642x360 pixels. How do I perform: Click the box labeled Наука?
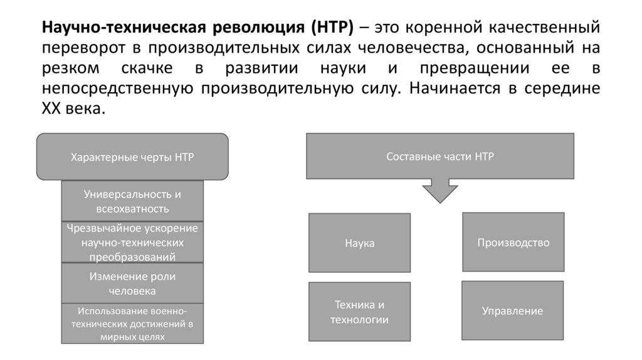tap(359, 243)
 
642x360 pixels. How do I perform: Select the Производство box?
tap(513, 242)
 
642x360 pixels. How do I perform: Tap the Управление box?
tap(512, 310)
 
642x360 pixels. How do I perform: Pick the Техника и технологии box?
tap(359, 312)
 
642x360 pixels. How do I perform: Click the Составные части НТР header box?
tap(439, 156)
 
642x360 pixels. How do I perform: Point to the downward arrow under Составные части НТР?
tap(439, 190)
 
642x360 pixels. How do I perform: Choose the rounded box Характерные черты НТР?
tap(132, 157)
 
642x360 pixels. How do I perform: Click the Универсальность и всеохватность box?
tap(132, 201)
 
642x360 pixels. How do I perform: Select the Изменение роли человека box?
tap(132, 283)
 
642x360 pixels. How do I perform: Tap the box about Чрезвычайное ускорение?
tap(132, 242)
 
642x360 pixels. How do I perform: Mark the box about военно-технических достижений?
tap(132, 323)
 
